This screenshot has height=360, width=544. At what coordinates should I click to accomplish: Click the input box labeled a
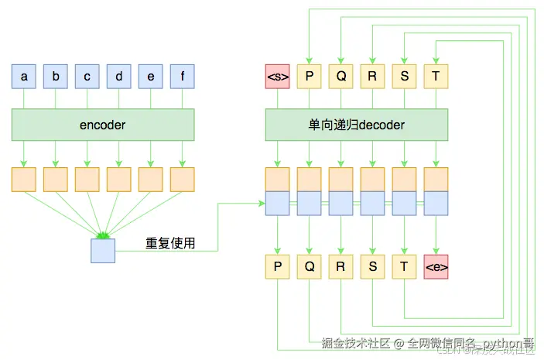pyautogui.click(x=24, y=77)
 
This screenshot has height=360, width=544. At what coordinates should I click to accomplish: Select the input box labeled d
pyautogui.click(x=118, y=77)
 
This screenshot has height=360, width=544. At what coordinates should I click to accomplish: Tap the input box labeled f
pyautogui.click(x=182, y=77)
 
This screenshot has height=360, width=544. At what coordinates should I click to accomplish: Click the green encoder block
pyautogui.click(x=103, y=125)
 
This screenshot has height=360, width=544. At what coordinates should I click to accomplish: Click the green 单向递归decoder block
pyautogui.click(x=357, y=125)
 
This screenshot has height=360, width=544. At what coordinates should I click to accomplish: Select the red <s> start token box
pyautogui.click(x=277, y=77)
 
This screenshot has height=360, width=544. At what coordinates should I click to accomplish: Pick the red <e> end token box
pyautogui.click(x=436, y=267)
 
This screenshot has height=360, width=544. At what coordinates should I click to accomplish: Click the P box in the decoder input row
pyautogui.click(x=309, y=77)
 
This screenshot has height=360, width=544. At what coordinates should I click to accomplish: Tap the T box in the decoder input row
pyautogui.click(x=436, y=77)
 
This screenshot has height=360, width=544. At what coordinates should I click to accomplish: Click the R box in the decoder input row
pyautogui.click(x=372, y=77)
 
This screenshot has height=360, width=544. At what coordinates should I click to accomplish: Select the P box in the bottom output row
pyautogui.click(x=277, y=267)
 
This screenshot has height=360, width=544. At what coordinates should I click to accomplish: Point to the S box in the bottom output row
pyautogui.click(x=372, y=267)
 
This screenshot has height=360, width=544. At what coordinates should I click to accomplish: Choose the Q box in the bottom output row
pyautogui.click(x=309, y=267)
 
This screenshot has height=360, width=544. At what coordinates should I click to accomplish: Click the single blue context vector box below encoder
pyautogui.click(x=103, y=251)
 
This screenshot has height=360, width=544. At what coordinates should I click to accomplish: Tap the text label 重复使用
pyautogui.click(x=170, y=243)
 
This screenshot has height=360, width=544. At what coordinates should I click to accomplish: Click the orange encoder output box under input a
pyautogui.click(x=24, y=180)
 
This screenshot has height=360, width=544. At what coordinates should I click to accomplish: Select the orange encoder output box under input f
pyautogui.click(x=182, y=180)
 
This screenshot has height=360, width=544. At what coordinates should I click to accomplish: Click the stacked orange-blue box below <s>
pyautogui.click(x=277, y=191)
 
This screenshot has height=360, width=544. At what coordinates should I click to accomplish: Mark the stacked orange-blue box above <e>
pyautogui.click(x=436, y=191)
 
